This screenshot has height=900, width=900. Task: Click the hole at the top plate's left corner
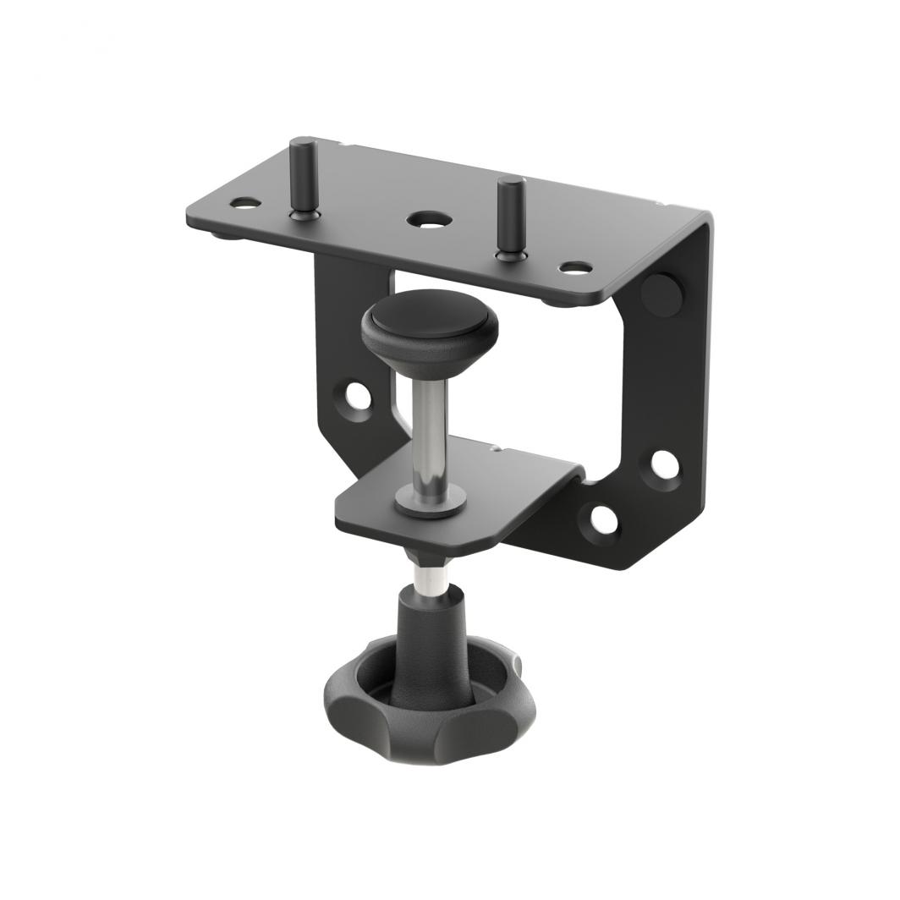tap(244, 203)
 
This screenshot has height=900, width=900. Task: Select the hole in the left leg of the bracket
tap(359, 395)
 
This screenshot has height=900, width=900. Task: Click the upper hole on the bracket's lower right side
tap(664, 464)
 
